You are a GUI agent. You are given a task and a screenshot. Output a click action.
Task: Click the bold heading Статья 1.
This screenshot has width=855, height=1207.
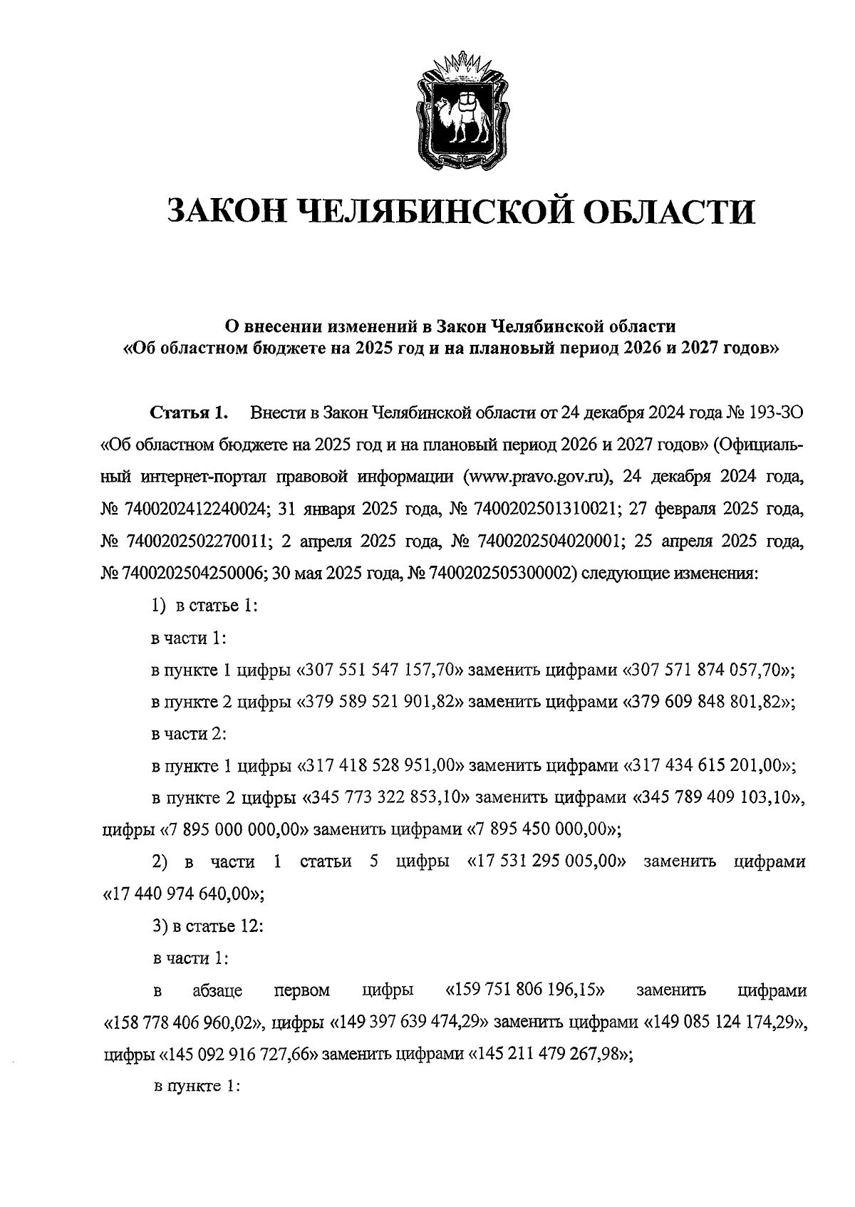coord(188,413)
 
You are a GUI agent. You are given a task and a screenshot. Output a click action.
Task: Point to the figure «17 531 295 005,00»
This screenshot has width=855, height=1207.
coord(546,862)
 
